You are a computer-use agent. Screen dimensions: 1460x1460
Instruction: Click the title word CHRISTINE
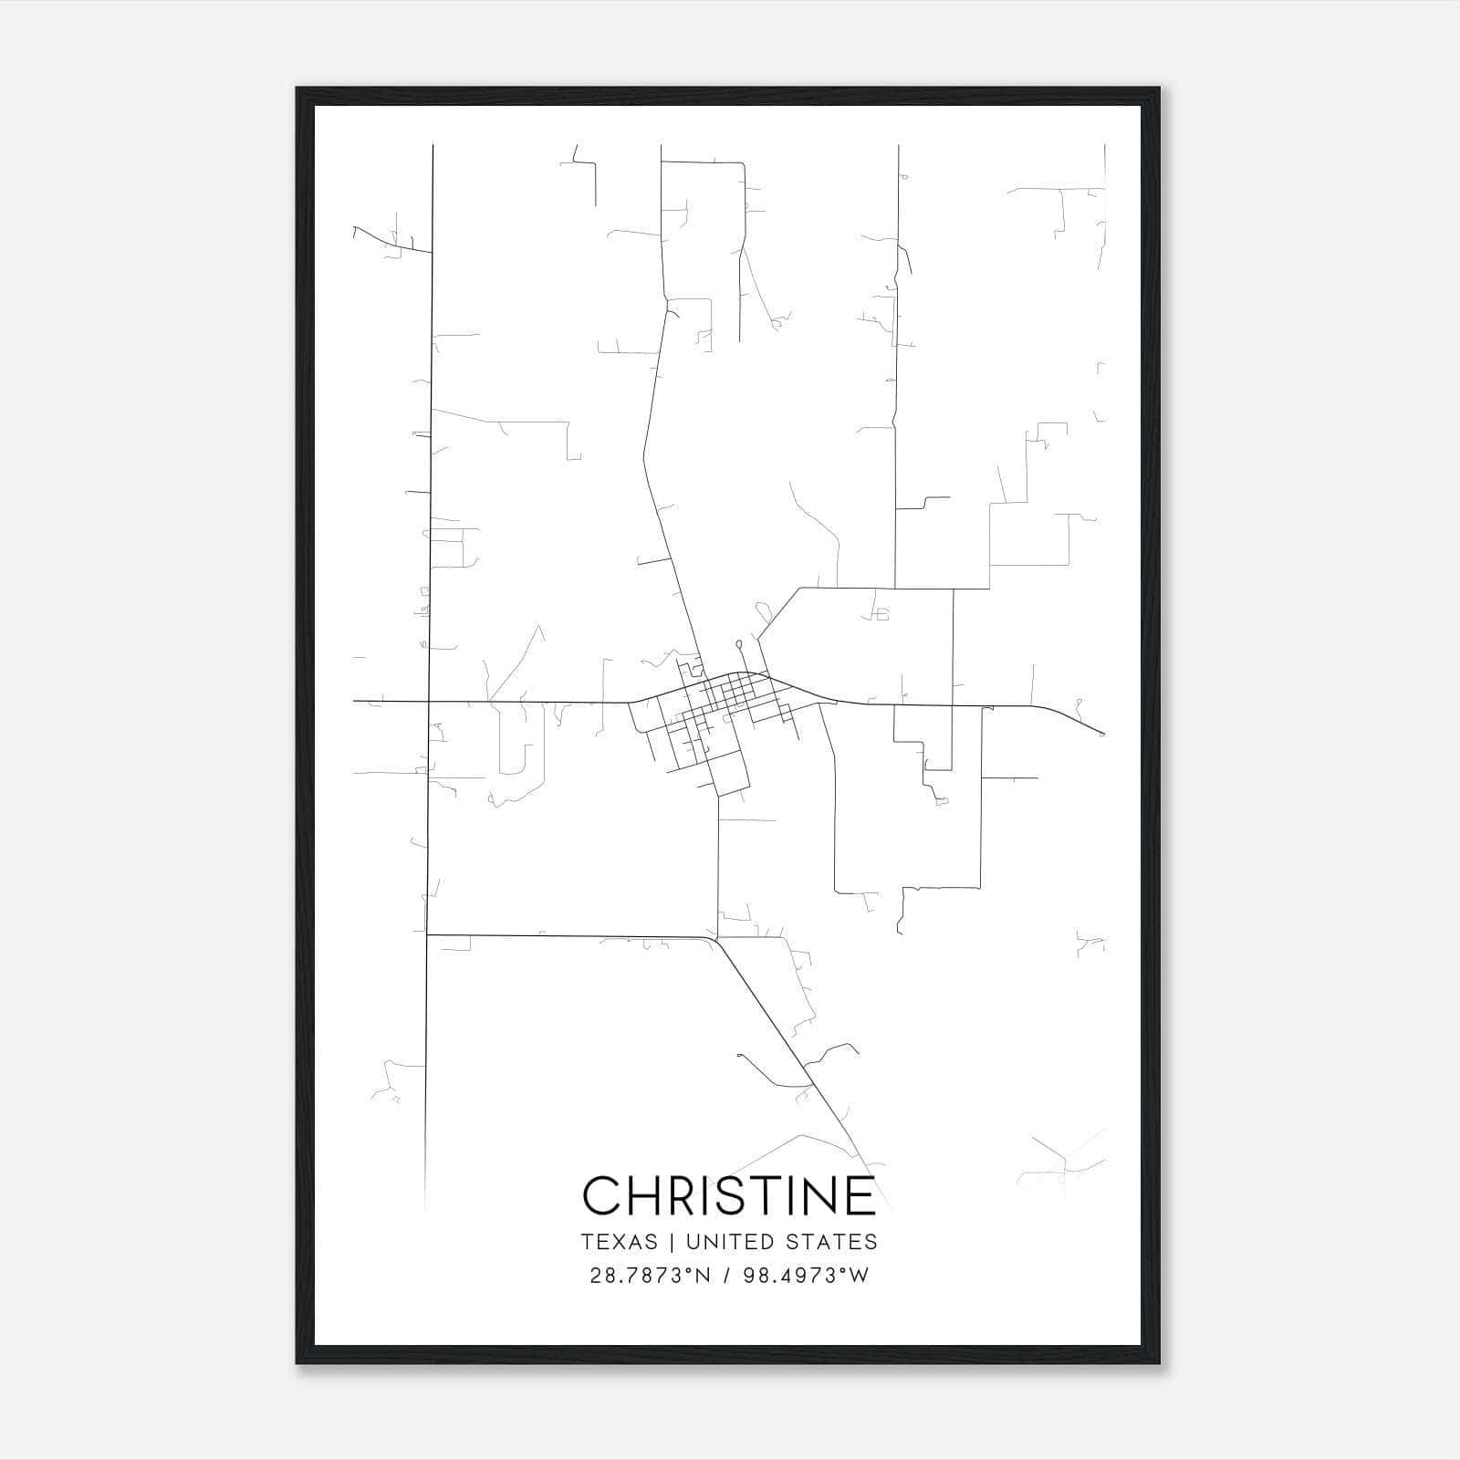[729, 1195]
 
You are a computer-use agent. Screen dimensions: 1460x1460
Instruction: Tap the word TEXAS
[619, 1242]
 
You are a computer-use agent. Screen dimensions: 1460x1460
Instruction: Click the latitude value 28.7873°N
[650, 1276]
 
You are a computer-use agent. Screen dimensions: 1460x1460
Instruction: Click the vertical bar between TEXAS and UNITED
[672, 1242]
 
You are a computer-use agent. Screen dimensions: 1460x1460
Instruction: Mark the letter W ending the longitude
[860, 1276]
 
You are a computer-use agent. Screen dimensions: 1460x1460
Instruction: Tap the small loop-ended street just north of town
[738, 644]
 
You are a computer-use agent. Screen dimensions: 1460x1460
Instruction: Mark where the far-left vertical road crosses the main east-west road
[429, 701]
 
